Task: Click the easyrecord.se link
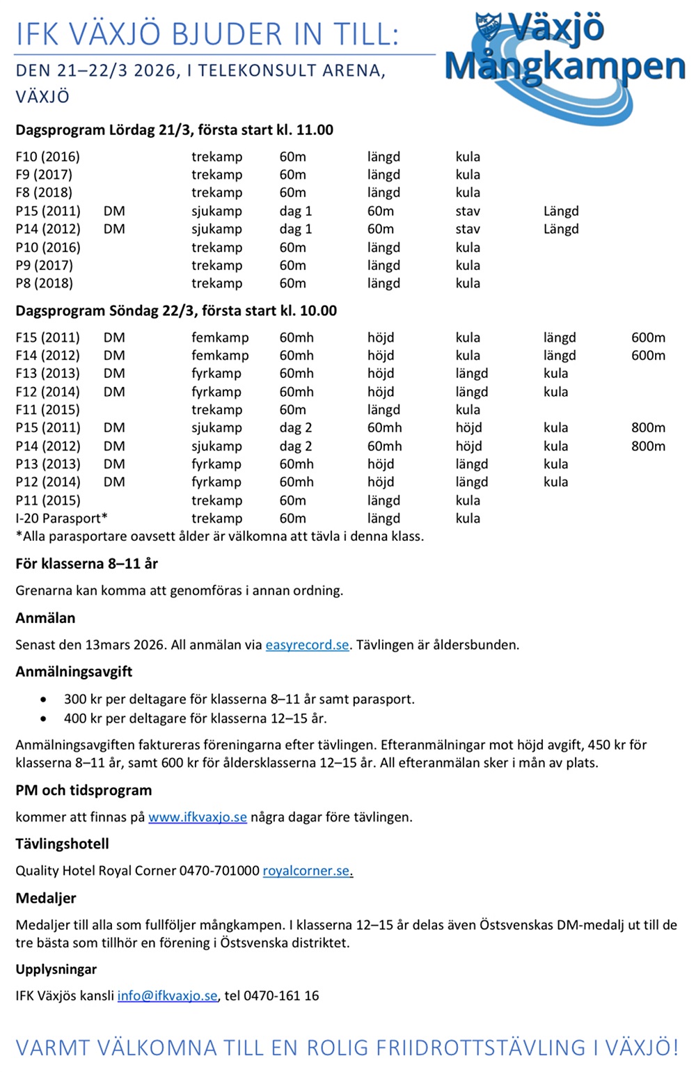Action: [x=307, y=645]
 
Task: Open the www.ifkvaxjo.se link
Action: [x=198, y=817]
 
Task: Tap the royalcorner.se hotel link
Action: [x=306, y=871]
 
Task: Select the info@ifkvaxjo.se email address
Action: [x=167, y=996]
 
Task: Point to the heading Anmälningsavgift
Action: [x=74, y=672]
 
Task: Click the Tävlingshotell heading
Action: [x=62, y=844]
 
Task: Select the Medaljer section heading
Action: [x=46, y=899]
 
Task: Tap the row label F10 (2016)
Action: [x=47, y=157]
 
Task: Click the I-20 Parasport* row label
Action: [x=61, y=519]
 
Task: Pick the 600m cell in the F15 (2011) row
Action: [x=648, y=338]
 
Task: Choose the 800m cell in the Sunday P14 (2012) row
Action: [x=648, y=446]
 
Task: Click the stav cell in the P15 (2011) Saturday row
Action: [x=468, y=211]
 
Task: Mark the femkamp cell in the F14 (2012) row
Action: [x=220, y=356]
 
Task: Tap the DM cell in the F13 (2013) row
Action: [x=114, y=374]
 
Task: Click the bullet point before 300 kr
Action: [x=45, y=700]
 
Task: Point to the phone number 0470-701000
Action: [x=219, y=871]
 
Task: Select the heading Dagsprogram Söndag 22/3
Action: [x=176, y=311]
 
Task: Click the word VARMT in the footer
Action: [x=53, y=1048]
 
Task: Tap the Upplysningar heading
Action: [x=56, y=970]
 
